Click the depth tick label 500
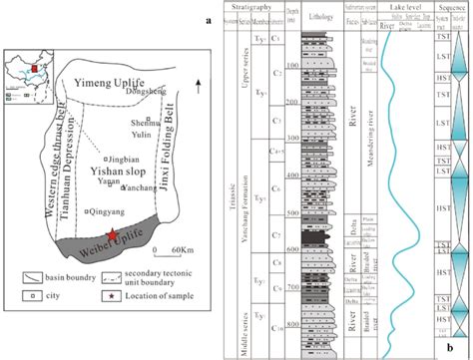[291, 214]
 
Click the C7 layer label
[275, 234]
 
